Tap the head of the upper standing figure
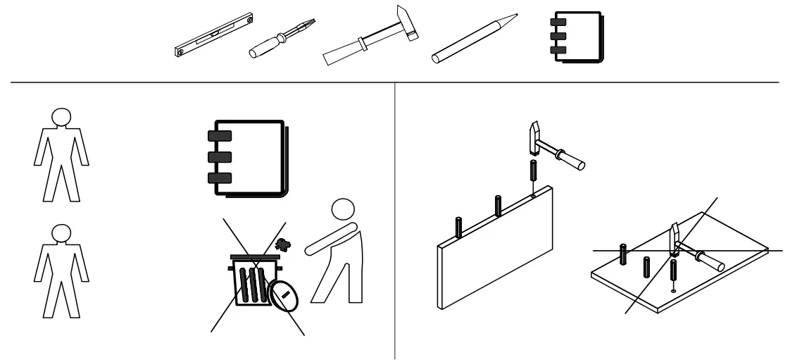(x=62, y=116)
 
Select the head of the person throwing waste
(x=344, y=209)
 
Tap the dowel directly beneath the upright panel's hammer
(x=533, y=175)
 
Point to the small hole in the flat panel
(x=674, y=290)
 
